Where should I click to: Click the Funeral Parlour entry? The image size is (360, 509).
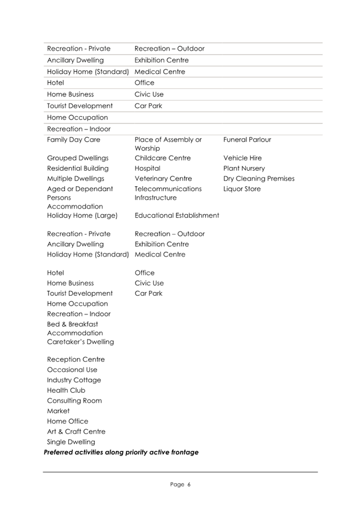coord(247,140)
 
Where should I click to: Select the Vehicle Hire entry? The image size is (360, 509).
coord(243,158)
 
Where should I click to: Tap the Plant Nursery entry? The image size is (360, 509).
coord(244,169)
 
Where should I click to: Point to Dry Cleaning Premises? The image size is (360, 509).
coord(259,178)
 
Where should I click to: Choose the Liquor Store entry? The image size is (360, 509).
coord(242,189)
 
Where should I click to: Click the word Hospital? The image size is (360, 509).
coord(147,169)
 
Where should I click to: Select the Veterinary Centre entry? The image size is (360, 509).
coord(163,178)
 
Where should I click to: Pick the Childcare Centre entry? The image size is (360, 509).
coord(163,158)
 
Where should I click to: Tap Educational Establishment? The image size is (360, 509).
coord(176,215)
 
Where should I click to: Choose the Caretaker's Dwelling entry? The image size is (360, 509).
coord(80,342)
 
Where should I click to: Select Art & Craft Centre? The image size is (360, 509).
coord(76,432)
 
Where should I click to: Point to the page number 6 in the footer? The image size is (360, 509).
coord(188,485)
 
